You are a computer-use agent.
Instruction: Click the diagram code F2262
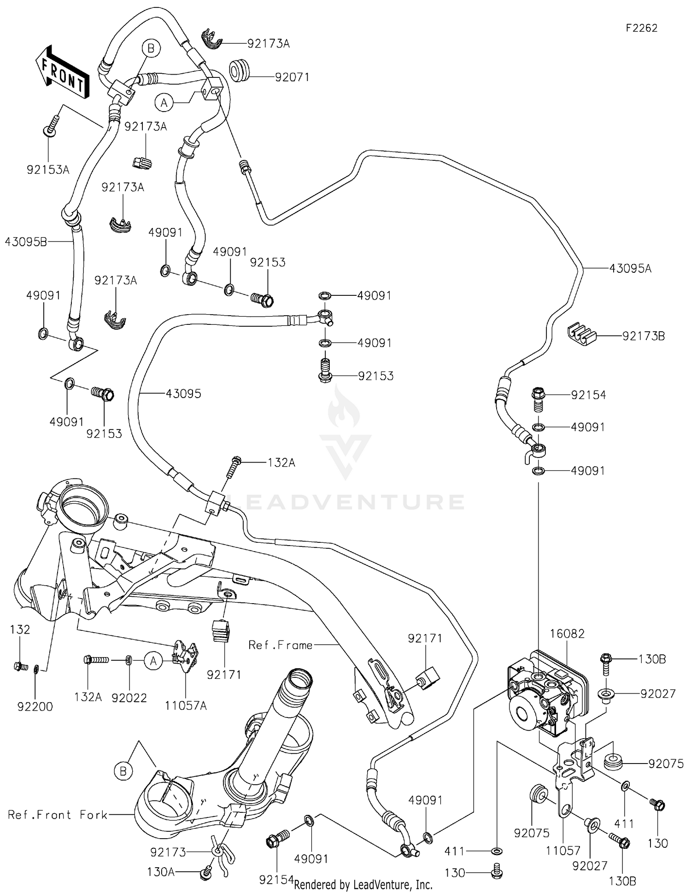pyautogui.click(x=641, y=28)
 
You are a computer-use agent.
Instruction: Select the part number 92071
pyautogui.click(x=292, y=77)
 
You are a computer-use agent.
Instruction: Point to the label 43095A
pyautogui.click(x=630, y=268)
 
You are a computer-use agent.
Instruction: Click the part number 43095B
pyautogui.click(x=26, y=241)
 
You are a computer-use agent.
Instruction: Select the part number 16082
pyautogui.click(x=567, y=634)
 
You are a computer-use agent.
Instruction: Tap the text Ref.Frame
pyautogui.click(x=280, y=645)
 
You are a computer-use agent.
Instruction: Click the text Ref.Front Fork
pyautogui.click(x=58, y=814)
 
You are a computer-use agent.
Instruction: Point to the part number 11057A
pyautogui.click(x=186, y=706)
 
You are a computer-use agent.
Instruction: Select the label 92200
pyautogui.click(x=35, y=706)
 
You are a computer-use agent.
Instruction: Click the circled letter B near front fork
pyautogui.click(x=123, y=771)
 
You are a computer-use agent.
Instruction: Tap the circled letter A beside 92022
pyautogui.click(x=153, y=661)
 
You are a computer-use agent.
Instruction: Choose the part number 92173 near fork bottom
pyautogui.click(x=168, y=852)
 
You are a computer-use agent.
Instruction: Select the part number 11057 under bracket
pyautogui.click(x=563, y=850)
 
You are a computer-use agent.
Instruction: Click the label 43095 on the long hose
pyautogui.click(x=183, y=394)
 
